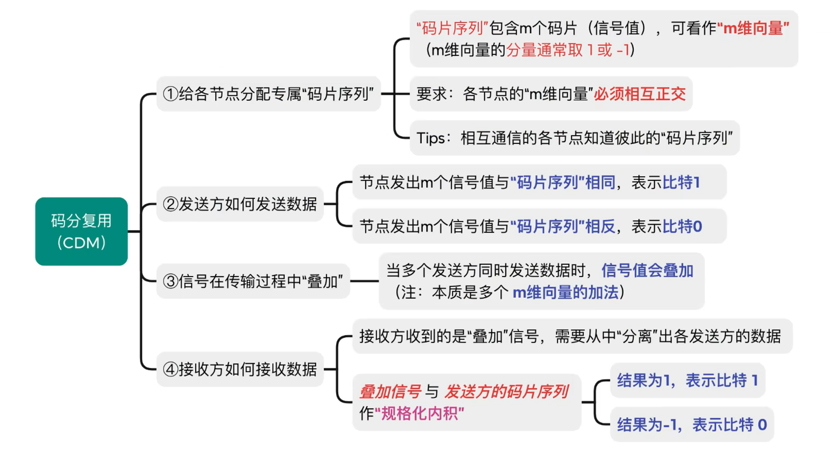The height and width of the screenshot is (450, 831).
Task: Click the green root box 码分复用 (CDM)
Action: [81, 231]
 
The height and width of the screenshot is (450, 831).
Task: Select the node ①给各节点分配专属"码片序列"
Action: [268, 94]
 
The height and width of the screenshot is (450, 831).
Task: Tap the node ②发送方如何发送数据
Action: [240, 204]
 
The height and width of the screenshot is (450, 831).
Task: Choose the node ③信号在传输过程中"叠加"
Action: [253, 281]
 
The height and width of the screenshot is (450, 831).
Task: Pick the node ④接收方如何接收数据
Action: [240, 369]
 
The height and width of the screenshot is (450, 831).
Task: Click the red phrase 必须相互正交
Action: [639, 94]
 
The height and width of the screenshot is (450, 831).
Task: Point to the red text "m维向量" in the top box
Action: [753, 28]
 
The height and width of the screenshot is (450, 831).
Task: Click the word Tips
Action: [431, 138]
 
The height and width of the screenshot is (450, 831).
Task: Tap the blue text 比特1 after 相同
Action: [681, 183]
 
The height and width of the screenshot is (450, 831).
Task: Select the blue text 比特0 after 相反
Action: [682, 226]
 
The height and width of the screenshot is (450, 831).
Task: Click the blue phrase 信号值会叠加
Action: [647, 271]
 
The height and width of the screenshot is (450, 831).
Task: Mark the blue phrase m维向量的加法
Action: [566, 292]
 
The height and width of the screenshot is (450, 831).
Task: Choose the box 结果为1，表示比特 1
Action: [687, 380]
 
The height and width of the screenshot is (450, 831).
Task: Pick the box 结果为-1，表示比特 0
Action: [691, 424]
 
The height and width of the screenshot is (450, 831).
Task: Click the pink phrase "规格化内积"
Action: [419, 414]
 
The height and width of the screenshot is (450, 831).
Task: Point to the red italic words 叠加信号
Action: [390, 391]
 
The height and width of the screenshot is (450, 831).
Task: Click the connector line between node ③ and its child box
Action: [364, 281]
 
